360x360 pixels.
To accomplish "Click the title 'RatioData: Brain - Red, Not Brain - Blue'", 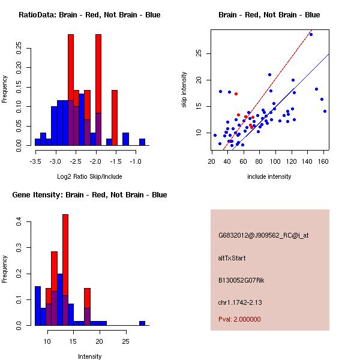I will [89, 15].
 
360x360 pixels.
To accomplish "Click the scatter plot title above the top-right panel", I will [269, 15].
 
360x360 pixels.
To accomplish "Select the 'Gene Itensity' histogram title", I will [89, 195].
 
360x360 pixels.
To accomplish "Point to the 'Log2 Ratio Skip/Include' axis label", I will [89, 176].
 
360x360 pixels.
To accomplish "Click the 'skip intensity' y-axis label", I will [184, 90].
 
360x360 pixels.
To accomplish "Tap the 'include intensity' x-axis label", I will [269, 176].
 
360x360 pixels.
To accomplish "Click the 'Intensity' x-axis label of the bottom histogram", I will [89, 356].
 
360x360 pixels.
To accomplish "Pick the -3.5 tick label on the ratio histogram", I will [35, 162].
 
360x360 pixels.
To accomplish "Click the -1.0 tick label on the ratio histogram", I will [136, 162].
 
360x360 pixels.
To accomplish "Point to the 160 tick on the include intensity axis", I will [324, 162].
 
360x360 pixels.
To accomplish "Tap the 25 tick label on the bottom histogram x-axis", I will [125, 342].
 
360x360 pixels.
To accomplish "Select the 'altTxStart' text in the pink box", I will [232, 258].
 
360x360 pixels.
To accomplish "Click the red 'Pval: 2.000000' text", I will [239, 319].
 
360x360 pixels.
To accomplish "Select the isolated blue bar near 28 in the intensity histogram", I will [142, 323].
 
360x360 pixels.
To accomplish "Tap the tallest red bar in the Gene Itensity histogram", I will [65, 270].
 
